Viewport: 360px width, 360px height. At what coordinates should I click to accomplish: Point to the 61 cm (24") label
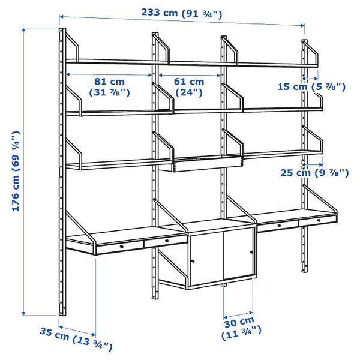click(x=190, y=88)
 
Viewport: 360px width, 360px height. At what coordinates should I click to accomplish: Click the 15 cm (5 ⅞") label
click(x=312, y=86)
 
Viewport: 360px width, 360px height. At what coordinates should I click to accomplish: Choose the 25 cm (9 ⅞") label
click(x=314, y=173)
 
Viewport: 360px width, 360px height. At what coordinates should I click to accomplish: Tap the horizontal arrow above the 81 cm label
click(x=110, y=75)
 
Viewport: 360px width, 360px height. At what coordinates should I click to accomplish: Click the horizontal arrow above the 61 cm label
click(x=190, y=76)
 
